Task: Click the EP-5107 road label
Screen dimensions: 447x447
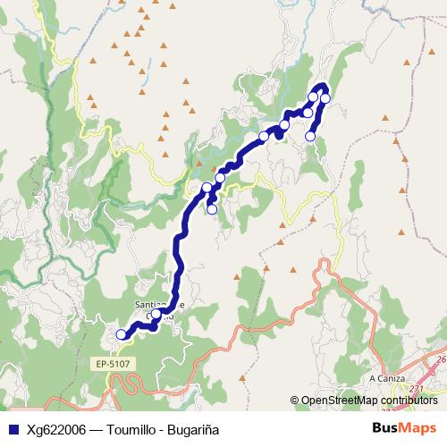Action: click(110, 365)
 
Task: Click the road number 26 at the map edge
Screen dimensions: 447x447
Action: click(442, 359)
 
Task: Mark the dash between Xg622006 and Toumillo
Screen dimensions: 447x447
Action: click(98, 429)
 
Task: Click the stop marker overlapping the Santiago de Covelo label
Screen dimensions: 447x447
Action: click(156, 314)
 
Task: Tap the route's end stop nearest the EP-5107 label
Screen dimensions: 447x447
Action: click(122, 334)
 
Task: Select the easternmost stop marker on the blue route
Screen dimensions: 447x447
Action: click(325, 98)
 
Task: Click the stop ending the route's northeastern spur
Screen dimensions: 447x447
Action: click(311, 136)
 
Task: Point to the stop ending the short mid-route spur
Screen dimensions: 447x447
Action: click(212, 209)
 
